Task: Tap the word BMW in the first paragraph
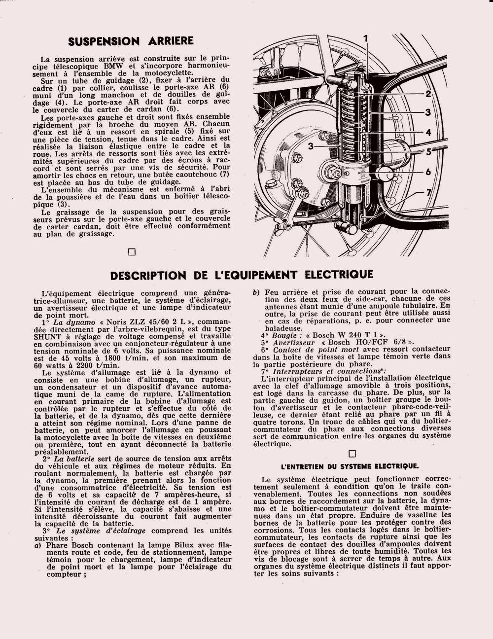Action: tap(144, 66)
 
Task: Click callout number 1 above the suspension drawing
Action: tap(366, 38)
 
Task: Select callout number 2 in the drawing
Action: tap(428, 94)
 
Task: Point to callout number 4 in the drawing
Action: tap(428, 132)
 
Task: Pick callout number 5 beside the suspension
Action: tap(428, 151)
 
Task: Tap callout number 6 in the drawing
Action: tap(428, 172)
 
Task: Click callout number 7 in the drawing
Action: tap(428, 192)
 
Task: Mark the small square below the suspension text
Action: tap(132, 252)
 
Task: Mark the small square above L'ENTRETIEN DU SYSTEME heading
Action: tap(352, 454)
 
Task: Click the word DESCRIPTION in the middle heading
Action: tap(148, 275)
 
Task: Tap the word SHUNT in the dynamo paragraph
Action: tap(47, 336)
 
